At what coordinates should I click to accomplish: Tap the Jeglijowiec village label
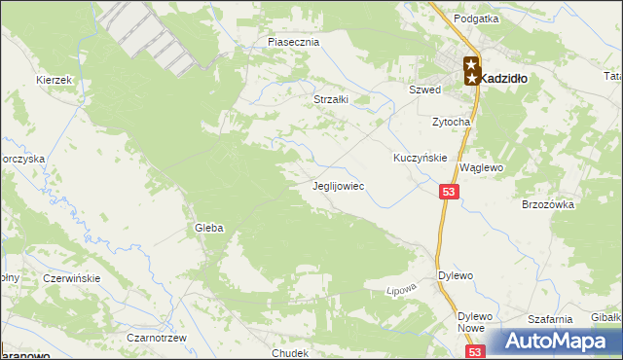[x=338, y=185]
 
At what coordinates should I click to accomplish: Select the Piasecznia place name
[x=294, y=43]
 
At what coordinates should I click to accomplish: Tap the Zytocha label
[x=452, y=123]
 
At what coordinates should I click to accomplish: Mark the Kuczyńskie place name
[x=420, y=158]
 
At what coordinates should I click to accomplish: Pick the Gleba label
[x=208, y=228]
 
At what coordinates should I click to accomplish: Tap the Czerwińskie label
[x=72, y=278]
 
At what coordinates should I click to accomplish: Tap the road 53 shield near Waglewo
[x=448, y=194]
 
